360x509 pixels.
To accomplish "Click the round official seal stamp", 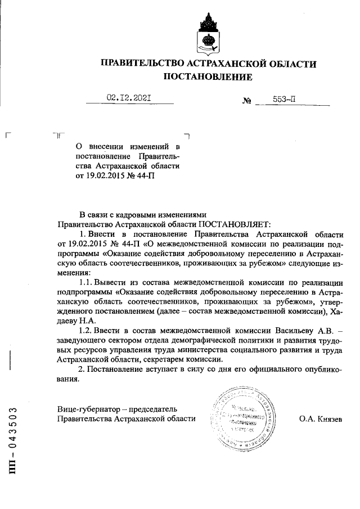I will click(243, 418).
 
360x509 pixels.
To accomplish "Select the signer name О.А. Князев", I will click(320, 419).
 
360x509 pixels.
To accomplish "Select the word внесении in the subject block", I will click(107, 146).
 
